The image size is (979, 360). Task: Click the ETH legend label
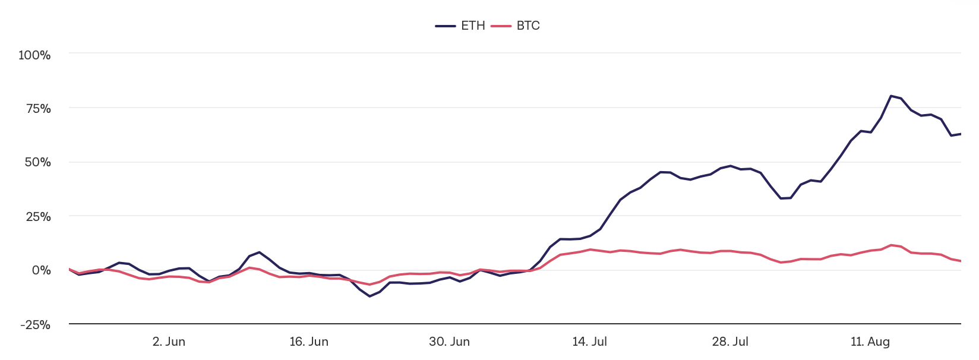tap(473, 26)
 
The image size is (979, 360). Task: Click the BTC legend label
tap(528, 26)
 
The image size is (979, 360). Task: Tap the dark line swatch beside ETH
tap(446, 26)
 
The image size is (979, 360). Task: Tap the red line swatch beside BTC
tap(501, 26)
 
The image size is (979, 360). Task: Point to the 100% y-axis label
tap(34, 55)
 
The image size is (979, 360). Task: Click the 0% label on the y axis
tap(42, 270)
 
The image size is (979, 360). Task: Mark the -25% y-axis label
tap(36, 325)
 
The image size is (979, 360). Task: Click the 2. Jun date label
tap(169, 342)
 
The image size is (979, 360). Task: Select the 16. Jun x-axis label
tap(309, 342)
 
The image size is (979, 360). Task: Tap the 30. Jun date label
tap(449, 342)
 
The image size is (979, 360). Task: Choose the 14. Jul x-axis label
tap(589, 342)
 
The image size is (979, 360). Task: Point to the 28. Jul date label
tap(730, 342)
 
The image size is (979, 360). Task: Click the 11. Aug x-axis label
tap(870, 342)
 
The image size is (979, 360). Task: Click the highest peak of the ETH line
tap(891, 96)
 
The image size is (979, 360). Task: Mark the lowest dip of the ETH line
tap(370, 296)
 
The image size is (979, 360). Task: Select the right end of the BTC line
tap(961, 261)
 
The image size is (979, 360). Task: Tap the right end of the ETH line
tap(961, 134)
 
